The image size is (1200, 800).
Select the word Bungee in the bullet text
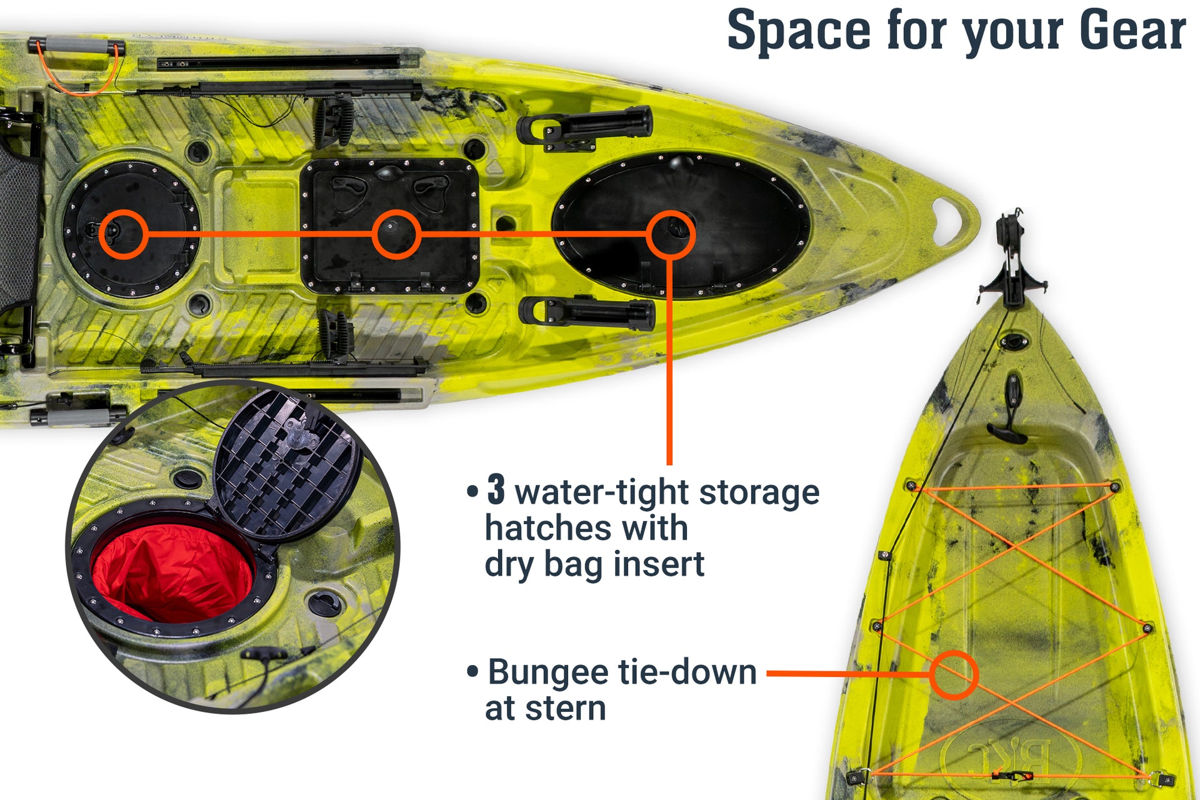pos(547,673)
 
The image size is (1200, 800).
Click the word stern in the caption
pos(566,709)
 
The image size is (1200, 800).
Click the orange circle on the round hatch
pos(123,234)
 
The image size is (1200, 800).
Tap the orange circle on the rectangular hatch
pos(396,234)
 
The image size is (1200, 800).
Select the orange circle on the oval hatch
pos(670,234)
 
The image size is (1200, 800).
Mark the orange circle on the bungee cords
pos(953,674)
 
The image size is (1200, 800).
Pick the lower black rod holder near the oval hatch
pos(587,312)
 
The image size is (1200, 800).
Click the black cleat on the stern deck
pos(1009,412)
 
